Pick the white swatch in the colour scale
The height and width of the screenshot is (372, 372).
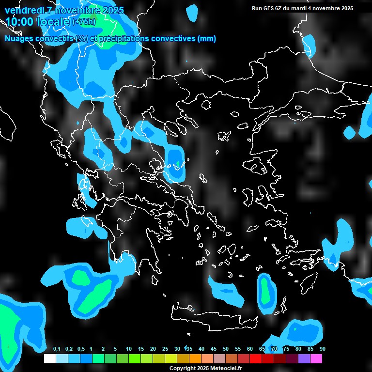pos(49,359)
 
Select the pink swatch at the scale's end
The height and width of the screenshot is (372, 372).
pos(316,359)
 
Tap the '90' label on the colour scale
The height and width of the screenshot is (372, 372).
pos(322,349)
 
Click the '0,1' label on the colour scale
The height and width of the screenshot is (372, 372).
pos(57,349)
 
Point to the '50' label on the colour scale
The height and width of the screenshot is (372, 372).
pos(226,349)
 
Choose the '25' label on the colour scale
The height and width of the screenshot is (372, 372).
pos(165,349)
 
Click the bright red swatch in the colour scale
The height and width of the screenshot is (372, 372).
pos(256,359)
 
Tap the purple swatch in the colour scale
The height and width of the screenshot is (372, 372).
pos(304,359)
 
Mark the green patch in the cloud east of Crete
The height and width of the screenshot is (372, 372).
pos(265,291)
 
